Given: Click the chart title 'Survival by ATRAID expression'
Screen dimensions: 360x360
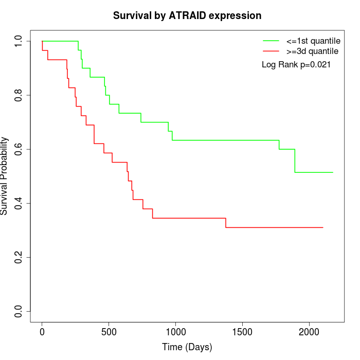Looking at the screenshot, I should [187, 16].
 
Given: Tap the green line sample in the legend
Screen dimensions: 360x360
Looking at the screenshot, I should [271, 41].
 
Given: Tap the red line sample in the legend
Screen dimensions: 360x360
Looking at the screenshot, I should [271, 51].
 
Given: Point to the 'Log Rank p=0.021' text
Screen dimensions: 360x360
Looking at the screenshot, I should [296, 65].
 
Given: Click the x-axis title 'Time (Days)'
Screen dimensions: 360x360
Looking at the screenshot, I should [187, 347].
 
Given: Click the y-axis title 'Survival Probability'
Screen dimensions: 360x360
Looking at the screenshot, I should [5, 176].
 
